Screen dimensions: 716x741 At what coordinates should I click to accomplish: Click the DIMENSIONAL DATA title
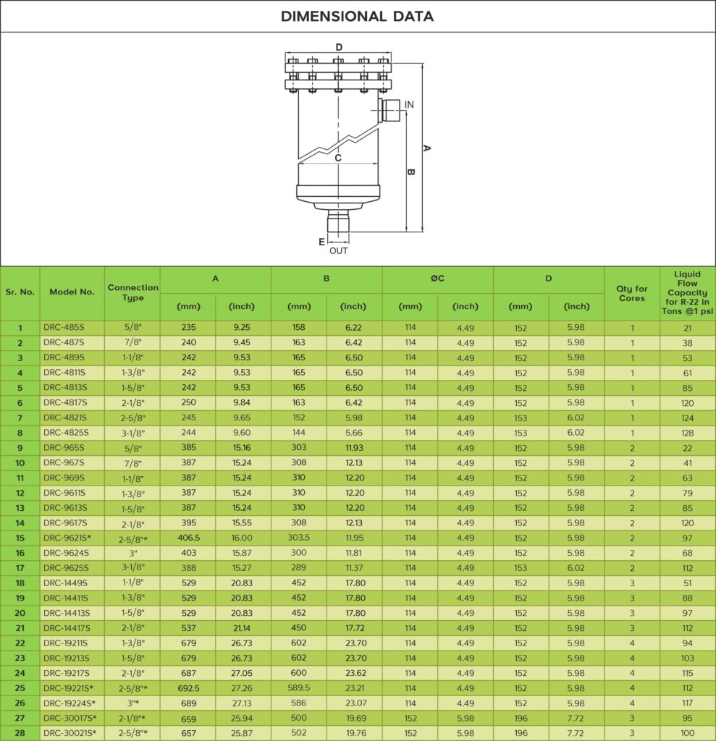tap(357, 17)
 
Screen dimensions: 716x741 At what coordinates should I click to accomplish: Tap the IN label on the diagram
tap(409, 104)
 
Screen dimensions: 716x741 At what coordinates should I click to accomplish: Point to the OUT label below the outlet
tap(339, 251)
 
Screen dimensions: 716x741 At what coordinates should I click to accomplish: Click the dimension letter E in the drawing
tap(321, 242)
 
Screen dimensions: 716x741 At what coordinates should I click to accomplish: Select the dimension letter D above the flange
tap(339, 47)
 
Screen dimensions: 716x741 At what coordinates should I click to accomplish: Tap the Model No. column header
tap(72, 292)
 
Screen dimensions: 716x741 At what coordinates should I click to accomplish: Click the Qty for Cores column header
tap(632, 294)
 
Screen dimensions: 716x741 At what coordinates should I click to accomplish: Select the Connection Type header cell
tap(133, 292)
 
